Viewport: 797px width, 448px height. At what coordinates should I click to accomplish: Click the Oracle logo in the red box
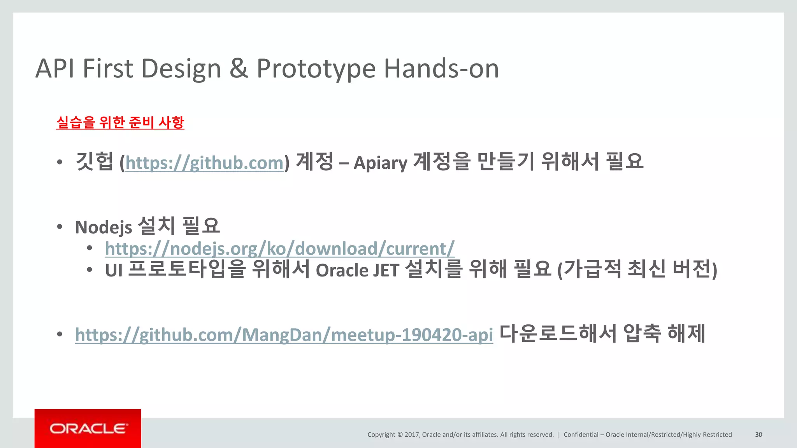[88, 429]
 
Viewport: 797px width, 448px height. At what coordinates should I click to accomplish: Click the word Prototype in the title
[316, 69]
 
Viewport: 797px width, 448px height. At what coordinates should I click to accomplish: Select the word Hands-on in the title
[441, 69]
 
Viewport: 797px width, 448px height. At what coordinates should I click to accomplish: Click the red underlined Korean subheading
[120, 122]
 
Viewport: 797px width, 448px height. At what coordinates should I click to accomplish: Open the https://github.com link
[204, 163]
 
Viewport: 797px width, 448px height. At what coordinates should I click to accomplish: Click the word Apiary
[380, 163]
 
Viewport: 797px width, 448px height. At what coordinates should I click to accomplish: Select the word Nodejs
[104, 227]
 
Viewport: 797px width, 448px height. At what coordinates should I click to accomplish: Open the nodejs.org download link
[279, 248]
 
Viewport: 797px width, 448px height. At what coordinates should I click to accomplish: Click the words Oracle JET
[357, 270]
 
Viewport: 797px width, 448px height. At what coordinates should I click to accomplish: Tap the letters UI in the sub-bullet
[114, 270]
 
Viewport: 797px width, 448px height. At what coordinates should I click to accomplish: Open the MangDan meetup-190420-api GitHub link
[284, 335]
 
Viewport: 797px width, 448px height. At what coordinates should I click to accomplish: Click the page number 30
[758, 434]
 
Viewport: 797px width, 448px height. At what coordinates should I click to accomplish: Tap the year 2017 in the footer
[412, 434]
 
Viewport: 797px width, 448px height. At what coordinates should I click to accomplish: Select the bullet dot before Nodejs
[60, 227]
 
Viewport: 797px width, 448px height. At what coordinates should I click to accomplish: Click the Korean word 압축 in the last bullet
[642, 334]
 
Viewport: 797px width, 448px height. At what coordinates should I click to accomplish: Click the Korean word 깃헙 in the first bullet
[94, 162]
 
